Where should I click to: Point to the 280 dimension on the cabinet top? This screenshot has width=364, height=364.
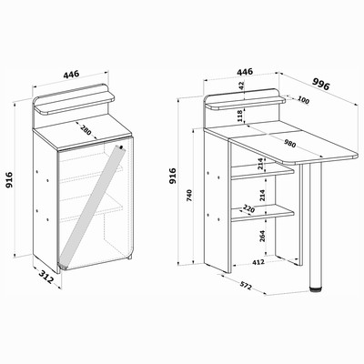coord(86,129)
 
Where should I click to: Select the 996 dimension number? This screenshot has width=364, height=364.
coord(321,84)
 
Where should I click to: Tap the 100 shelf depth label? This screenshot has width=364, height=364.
coord(303,100)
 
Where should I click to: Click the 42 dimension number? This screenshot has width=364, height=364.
coord(241,86)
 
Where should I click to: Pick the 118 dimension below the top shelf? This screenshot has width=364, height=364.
coord(239,116)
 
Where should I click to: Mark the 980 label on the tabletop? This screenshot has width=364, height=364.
coord(289,143)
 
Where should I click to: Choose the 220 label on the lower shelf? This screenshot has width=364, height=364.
coord(248,208)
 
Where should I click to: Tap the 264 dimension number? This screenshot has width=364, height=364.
coord(262,236)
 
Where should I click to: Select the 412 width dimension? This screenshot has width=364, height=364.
coord(258,262)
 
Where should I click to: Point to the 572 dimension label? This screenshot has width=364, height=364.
coord(246,286)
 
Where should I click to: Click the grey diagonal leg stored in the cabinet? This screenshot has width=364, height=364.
coord(92,207)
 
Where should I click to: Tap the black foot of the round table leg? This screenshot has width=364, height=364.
coord(316,289)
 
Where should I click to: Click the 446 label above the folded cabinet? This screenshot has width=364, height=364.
coord(71,74)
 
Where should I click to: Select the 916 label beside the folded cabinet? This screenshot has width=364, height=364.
coord(9,180)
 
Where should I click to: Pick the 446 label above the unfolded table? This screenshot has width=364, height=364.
coord(245,72)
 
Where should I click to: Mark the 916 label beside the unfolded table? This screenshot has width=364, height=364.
coord(173,176)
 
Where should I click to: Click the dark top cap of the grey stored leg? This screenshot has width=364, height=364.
coord(121,147)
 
